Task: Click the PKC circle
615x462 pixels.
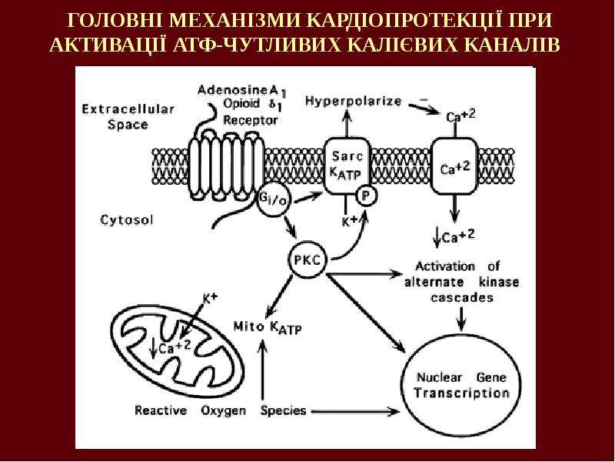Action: click(308, 259)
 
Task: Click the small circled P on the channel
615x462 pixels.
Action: click(366, 196)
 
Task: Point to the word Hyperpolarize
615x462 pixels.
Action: click(354, 102)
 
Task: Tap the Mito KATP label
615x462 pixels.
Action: click(268, 326)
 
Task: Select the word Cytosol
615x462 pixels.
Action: click(127, 219)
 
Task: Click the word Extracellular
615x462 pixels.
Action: click(128, 109)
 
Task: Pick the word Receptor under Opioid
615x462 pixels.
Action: click(251, 120)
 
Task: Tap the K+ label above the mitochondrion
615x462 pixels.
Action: click(210, 298)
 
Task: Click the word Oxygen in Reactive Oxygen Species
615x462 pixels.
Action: click(224, 411)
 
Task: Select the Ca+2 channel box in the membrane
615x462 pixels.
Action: click(454, 166)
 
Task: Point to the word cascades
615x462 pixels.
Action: click(462, 297)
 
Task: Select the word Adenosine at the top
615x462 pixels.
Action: click(232, 89)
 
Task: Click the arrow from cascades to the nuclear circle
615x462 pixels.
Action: click(462, 318)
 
